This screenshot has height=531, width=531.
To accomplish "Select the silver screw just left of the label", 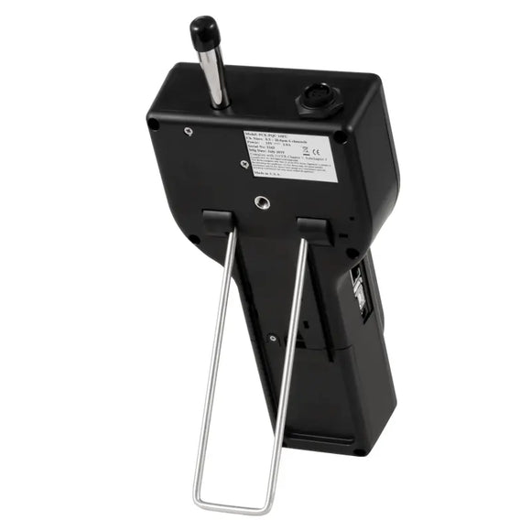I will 243,165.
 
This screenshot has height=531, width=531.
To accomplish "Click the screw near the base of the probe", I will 189,131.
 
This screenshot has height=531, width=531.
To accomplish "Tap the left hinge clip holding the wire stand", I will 217,222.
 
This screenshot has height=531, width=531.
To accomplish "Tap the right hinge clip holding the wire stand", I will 313,229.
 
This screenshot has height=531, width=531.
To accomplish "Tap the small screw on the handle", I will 273,338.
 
